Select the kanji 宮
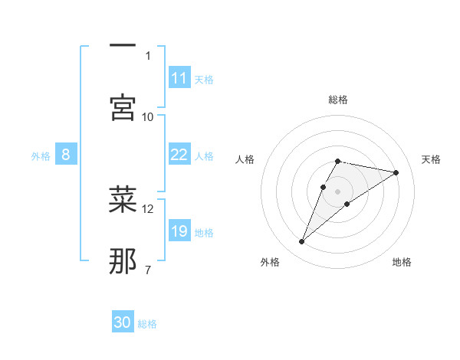(x=123, y=107)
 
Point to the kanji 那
(x=123, y=261)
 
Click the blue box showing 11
(x=179, y=78)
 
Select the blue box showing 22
(x=179, y=155)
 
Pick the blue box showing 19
(x=179, y=231)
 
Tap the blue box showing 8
(x=65, y=155)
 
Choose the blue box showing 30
(x=123, y=322)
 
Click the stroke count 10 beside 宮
(x=148, y=116)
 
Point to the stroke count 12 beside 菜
(x=148, y=208)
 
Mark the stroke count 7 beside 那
(x=148, y=270)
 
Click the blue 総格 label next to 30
(x=147, y=324)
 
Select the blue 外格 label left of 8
(x=41, y=156)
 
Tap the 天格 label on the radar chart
(x=432, y=159)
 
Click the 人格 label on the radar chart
(x=245, y=159)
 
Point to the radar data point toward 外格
(x=302, y=242)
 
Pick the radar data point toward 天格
(x=396, y=173)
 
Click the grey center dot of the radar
(x=338, y=191)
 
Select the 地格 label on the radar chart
(x=402, y=262)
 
